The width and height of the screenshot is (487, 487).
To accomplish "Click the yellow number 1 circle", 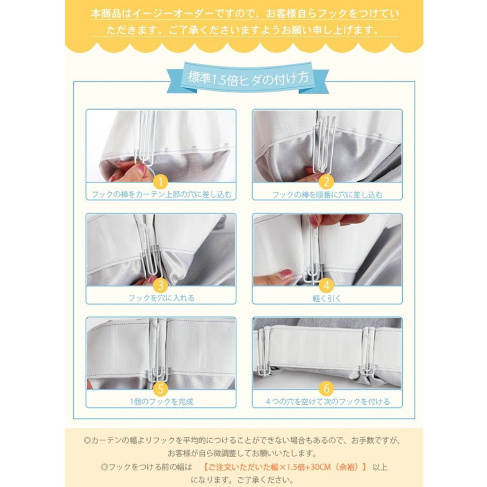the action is click(x=160, y=182).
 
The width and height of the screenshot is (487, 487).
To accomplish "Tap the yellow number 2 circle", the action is click(x=327, y=182).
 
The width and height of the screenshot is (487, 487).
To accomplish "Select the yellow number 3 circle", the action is click(x=160, y=285).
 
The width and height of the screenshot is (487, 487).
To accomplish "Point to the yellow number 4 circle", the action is click(x=327, y=285).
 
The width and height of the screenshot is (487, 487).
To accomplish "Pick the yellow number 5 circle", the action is click(x=160, y=389).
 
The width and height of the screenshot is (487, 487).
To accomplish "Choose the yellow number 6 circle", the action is click(x=327, y=389).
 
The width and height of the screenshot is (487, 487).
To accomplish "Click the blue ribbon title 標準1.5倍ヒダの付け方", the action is click(x=248, y=78).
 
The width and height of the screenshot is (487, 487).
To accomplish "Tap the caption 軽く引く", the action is click(x=327, y=298).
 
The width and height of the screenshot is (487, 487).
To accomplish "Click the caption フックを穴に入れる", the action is click(x=161, y=298).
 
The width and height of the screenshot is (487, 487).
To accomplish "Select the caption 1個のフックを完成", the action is click(x=161, y=401).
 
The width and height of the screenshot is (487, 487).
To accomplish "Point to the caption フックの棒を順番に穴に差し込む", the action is click(x=327, y=195).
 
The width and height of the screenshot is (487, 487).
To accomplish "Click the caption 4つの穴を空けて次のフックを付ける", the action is click(x=327, y=401).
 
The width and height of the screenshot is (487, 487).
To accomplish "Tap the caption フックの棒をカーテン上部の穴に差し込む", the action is click(x=161, y=194).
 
